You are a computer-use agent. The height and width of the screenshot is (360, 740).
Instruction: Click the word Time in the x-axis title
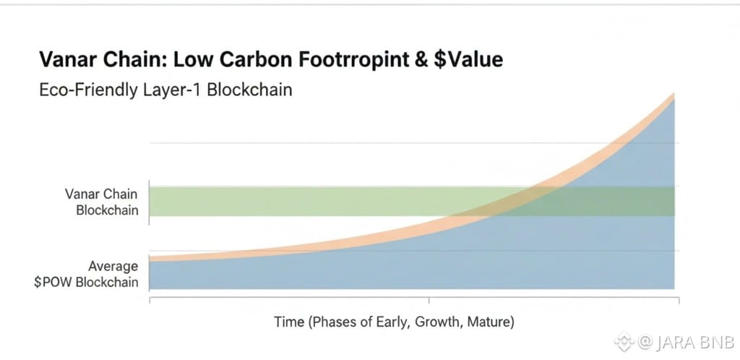tap(289, 322)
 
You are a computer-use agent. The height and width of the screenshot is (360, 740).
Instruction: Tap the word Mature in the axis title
tap(491, 322)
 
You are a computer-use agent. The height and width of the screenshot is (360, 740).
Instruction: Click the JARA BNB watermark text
tap(676, 340)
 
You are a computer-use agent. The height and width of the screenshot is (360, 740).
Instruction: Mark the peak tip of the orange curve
tap(674, 95)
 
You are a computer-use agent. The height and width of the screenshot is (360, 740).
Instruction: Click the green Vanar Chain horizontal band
tap(325, 201)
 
